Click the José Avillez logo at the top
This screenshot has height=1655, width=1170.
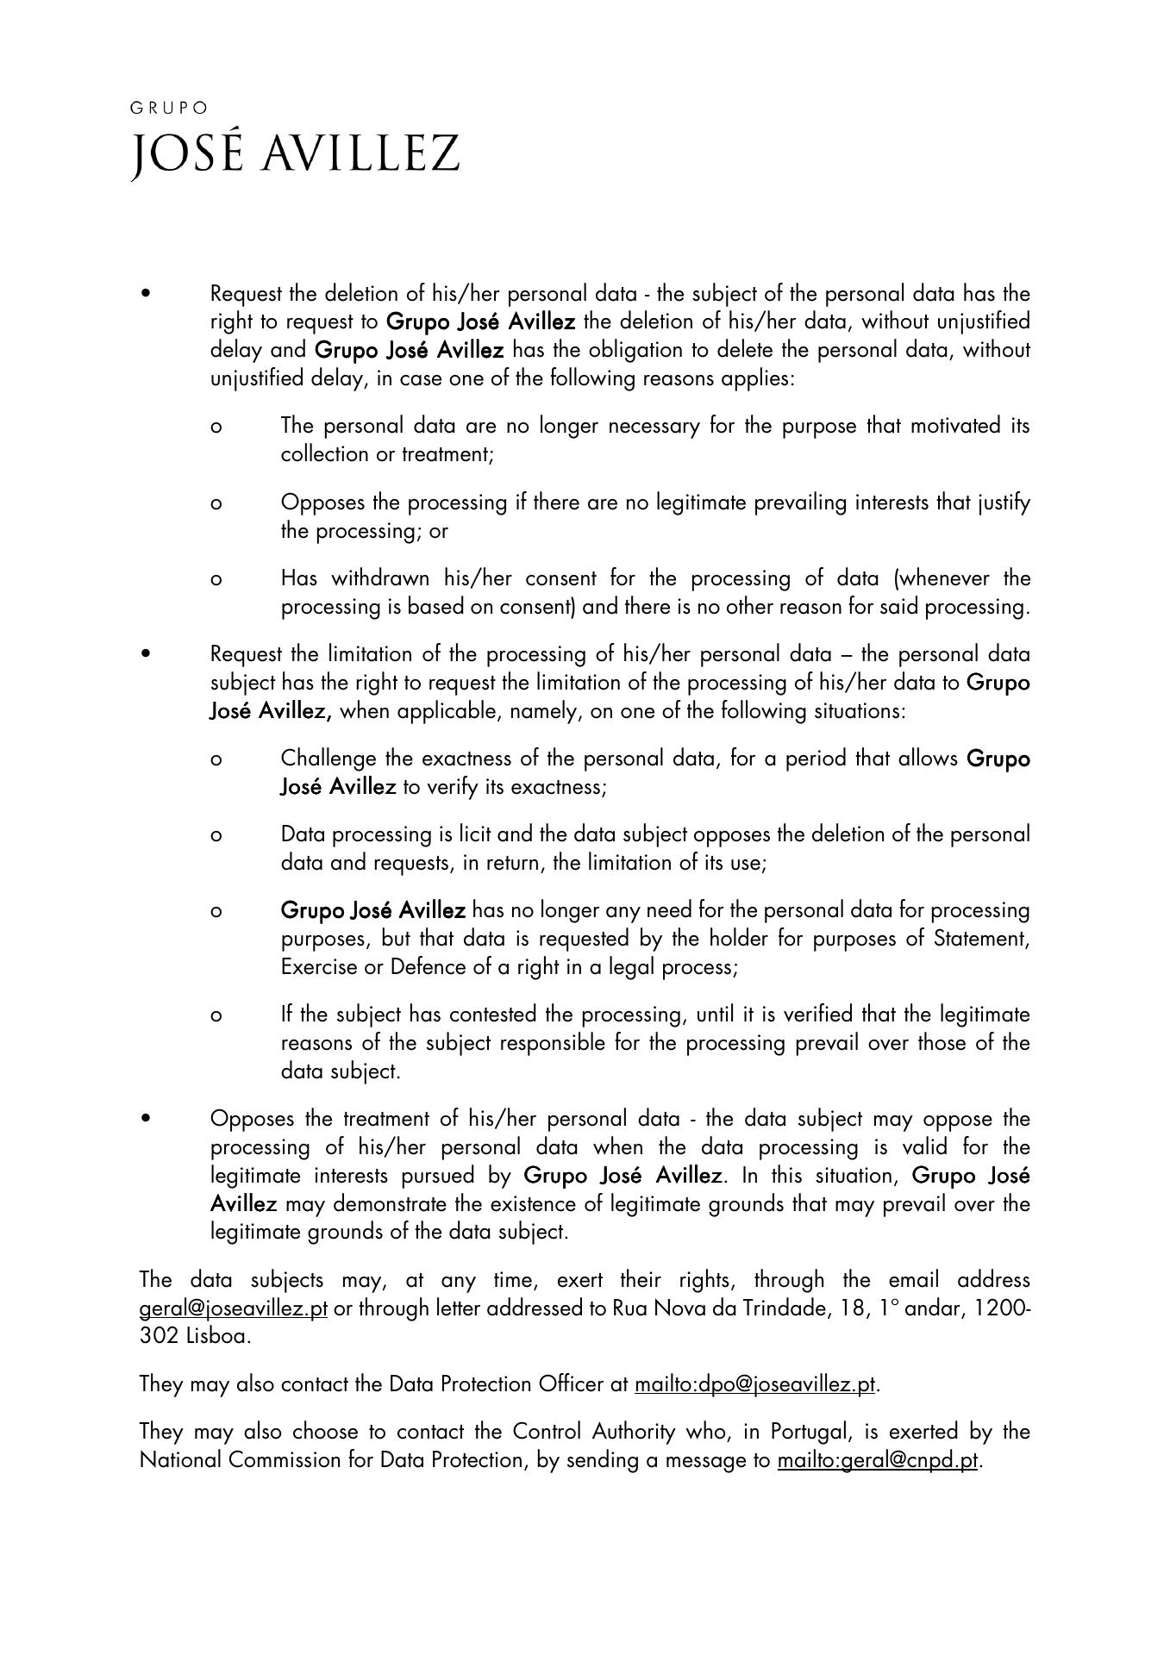coord(295,155)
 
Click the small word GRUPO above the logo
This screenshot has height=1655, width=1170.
coord(169,108)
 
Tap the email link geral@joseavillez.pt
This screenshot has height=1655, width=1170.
coord(233,1308)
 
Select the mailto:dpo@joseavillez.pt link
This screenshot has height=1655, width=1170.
coord(754,1383)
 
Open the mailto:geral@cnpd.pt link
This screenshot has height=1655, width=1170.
coord(878,1459)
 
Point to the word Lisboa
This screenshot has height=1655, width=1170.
coord(218,1336)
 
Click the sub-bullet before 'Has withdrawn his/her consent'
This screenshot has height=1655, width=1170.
coord(216,579)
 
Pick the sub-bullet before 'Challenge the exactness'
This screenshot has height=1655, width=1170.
coord(216,759)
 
